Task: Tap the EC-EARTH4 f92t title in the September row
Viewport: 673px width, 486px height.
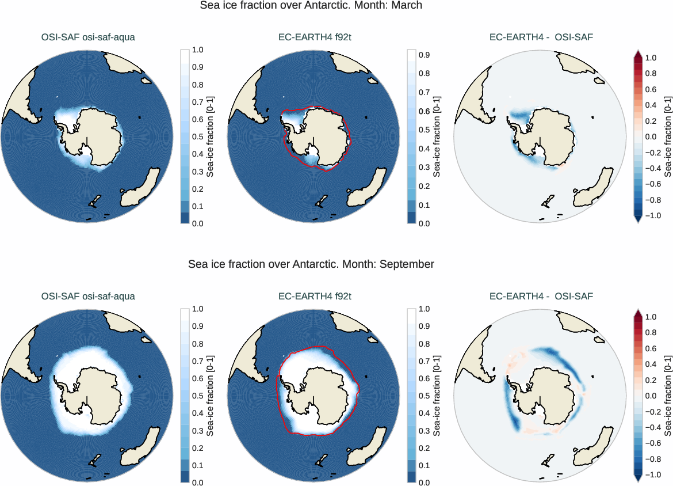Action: [x=315, y=297]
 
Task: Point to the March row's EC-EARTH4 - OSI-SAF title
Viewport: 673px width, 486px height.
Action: [x=541, y=38]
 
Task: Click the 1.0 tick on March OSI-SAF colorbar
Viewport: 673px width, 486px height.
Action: [x=197, y=50]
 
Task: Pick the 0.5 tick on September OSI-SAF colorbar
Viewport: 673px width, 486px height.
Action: [x=197, y=396]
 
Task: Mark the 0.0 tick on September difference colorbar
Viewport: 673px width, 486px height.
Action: [x=651, y=396]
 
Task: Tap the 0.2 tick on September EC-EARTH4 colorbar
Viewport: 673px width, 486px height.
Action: [x=424, y=447]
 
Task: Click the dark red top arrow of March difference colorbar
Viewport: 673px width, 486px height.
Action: [x=638, y=54]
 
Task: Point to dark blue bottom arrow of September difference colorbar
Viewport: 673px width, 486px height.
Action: [x=638, y=477]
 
